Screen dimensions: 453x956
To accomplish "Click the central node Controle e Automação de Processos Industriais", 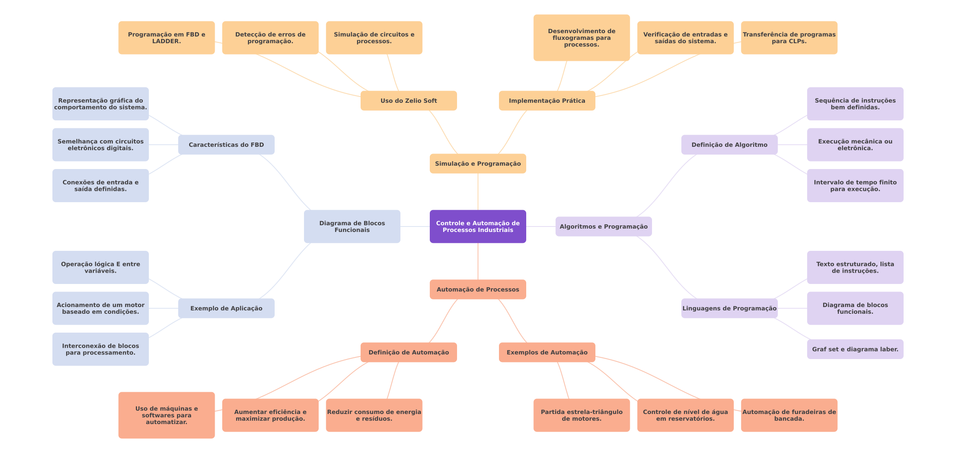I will (x=478, y=226).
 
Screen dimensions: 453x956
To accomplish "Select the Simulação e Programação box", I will (x=478, y=164).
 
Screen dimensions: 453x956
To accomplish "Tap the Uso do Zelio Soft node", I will (x=408, y=101).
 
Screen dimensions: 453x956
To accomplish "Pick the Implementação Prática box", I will (x=547, y=101).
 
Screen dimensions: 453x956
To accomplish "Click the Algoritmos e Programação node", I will (x=603, y=226).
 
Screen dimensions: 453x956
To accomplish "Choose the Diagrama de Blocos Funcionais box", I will (x=352, y=226).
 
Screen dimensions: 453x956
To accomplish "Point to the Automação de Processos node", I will (x=478, y=289).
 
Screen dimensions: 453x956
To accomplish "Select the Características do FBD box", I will (x=226, y=145).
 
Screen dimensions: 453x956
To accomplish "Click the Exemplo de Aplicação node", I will (x=226, y=308).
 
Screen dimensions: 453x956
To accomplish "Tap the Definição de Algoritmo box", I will (x=729, y=145).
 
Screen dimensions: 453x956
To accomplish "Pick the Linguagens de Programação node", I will (x=729, y=308).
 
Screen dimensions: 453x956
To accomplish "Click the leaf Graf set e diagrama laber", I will (x=855, y=349).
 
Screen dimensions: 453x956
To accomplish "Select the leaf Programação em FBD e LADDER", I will (x=166, y=38).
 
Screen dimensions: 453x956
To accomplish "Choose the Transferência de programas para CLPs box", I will (x=789, y=38).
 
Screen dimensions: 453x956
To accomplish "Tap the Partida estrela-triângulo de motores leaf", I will (x=582, y=415).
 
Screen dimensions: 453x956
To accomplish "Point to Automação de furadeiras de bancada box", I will (x=789, y=415).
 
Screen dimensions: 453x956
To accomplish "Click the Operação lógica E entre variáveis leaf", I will (x=100, y=268).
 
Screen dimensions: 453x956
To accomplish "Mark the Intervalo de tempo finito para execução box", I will (x=855, y=186).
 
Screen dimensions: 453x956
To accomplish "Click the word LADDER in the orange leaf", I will (x=166, y=42).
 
